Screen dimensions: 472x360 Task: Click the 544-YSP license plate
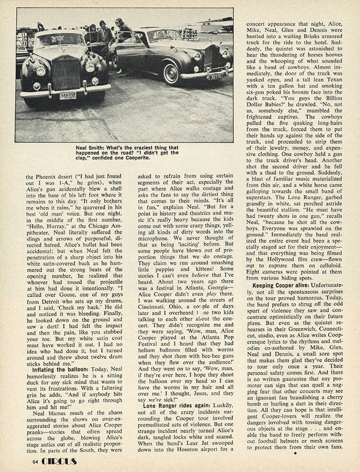pos(68,95)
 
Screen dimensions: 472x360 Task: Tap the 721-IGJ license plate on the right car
pos(217,75)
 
